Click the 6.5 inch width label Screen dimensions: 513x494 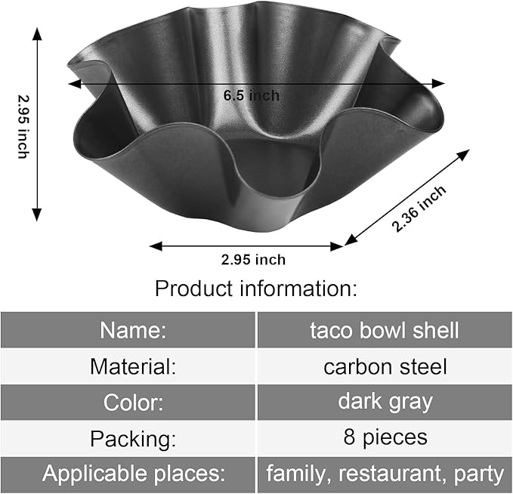coord(252,95)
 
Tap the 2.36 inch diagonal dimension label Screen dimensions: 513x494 coord(419,208)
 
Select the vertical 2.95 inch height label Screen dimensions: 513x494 coord(23,127)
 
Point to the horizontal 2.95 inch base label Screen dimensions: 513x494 coord(253,260)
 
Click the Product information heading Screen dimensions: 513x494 coord(256,289)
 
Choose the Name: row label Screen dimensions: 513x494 coord(133,330)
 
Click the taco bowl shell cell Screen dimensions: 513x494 coord(385,330)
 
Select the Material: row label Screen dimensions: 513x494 coord(133,366)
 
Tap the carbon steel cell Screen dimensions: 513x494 coord(385,367)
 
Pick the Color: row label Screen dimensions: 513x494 coord(133,402)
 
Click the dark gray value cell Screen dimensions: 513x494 coord(385,402)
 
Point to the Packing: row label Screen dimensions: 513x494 coord(133,439)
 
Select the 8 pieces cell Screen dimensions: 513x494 coord(385,437)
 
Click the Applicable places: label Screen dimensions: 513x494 coord(134,473)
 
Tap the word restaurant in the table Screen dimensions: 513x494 coord(389,473)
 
